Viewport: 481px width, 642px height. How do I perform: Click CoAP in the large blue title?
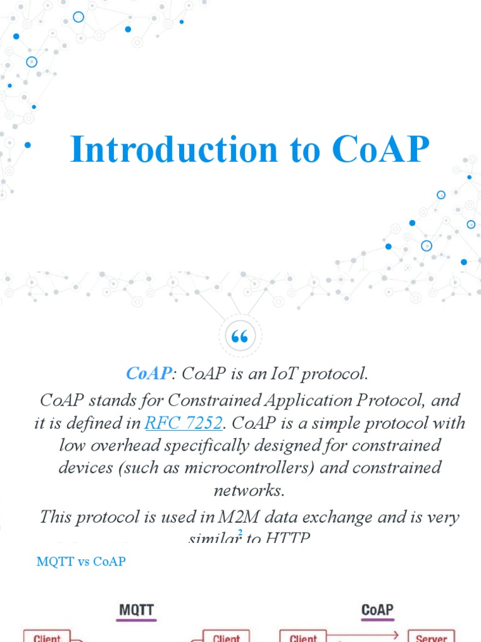[x=381, y=149]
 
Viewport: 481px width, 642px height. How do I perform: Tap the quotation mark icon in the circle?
[x=240, y=338]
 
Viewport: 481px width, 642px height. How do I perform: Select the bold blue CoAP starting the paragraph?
[x=148, y=374]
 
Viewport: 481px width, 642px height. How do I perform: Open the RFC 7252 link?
[x=183, y=423]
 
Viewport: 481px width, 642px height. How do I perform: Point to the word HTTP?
[x=287, y=537]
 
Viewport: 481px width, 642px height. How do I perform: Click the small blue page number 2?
[x=240, y=532]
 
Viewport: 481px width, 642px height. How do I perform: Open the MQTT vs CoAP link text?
[x=81, y=562]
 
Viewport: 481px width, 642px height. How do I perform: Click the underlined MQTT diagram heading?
[x=136, y=609]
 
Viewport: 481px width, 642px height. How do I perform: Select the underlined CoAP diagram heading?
[x=377, y=609]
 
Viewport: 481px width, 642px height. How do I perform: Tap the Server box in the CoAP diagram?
[x=431, y=636]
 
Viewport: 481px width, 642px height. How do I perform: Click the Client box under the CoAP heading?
[x=303, y=636]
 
